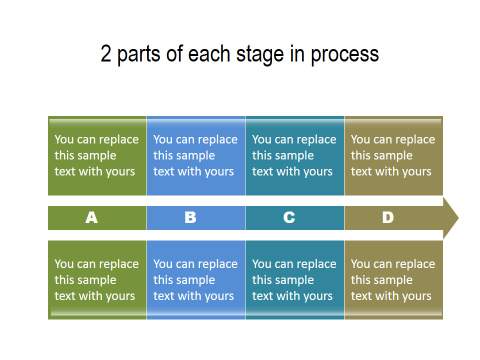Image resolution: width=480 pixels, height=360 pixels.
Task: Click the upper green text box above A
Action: tap(97, 156)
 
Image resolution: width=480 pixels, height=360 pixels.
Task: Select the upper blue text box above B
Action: tap(196, 156)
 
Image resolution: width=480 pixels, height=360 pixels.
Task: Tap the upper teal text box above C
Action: tap(295, 156)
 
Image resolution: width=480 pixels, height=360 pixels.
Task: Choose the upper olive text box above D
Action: tap(393, 156)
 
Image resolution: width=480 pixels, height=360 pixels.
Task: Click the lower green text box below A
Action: tap(97, 280)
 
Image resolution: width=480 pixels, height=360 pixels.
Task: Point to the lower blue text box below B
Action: tap(196, 280)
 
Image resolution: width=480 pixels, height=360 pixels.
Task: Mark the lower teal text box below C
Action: tap(295, 280)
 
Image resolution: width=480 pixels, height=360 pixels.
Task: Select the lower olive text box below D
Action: tap(393, 280)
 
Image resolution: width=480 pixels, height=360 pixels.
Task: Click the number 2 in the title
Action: tap(106, 54)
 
